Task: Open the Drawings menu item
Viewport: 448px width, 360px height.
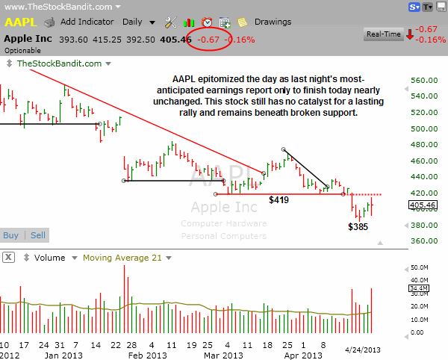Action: click(272, 22)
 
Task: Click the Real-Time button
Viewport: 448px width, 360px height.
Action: click(384, 34)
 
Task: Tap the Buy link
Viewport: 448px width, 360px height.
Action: click(11, 235)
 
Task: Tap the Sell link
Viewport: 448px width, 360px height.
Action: click(37, 235)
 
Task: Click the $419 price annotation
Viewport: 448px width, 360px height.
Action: click(279, 201)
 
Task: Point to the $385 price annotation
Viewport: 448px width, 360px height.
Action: click(358, 226)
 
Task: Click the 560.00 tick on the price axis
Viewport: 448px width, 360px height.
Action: click(423, 80)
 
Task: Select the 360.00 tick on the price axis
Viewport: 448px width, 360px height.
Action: click(423, 241)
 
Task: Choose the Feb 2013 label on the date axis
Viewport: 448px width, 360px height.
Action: click(149, 356)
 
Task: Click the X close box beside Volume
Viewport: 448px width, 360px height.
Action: click(8, 258)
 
